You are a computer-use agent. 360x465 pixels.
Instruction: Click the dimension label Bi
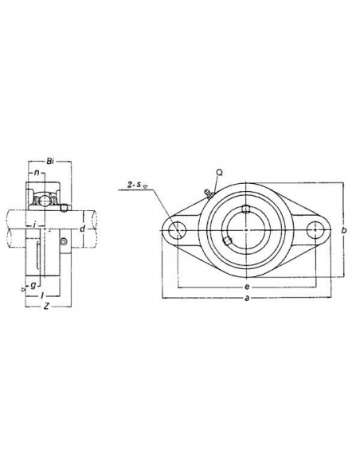coord(51,162)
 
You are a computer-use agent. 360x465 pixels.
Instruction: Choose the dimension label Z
coord(47,306)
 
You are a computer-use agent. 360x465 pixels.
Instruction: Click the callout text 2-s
coord(135,186)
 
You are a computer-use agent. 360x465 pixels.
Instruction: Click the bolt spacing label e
coord(248,285)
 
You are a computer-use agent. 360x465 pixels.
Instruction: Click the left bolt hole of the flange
coord(177,230)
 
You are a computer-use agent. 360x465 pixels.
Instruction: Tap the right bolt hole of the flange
coord(316,230)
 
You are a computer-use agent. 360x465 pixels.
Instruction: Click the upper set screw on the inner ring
coord(247,209)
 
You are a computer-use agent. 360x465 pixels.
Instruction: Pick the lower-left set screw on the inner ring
coord(228,240)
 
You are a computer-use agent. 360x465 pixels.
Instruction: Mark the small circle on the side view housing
coord(64,241)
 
